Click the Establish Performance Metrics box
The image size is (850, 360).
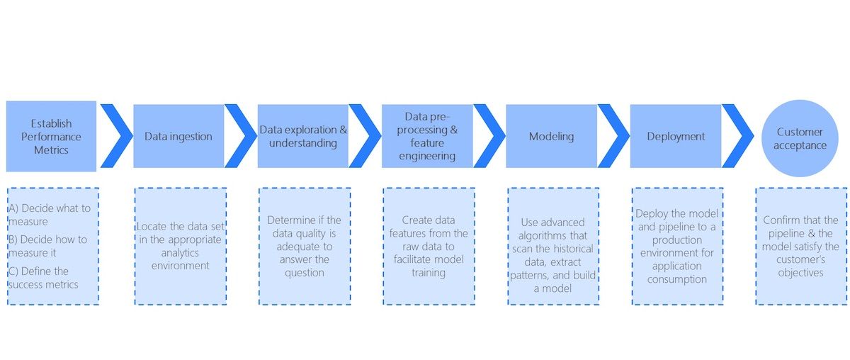(51, 136)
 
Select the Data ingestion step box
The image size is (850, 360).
(178, 136)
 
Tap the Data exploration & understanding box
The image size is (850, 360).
(303, 136)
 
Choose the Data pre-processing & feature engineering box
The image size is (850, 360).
(427, 136)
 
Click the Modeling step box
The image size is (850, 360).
(551, 136)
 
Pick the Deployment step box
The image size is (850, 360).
(676, 136)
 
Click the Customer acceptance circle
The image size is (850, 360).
(800, 138)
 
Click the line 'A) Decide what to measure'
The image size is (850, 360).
(50, 215)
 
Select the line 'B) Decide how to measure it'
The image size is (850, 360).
(48, 246)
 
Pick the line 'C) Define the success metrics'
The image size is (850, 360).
(43, 278)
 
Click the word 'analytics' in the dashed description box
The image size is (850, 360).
(180, 253)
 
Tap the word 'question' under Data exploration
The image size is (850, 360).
(305, 273)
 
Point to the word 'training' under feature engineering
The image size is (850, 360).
(429, 273)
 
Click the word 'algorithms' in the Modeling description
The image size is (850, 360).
(553, 236)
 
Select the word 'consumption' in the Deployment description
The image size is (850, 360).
(677, 279)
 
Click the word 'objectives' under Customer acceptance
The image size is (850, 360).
(800, 273)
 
